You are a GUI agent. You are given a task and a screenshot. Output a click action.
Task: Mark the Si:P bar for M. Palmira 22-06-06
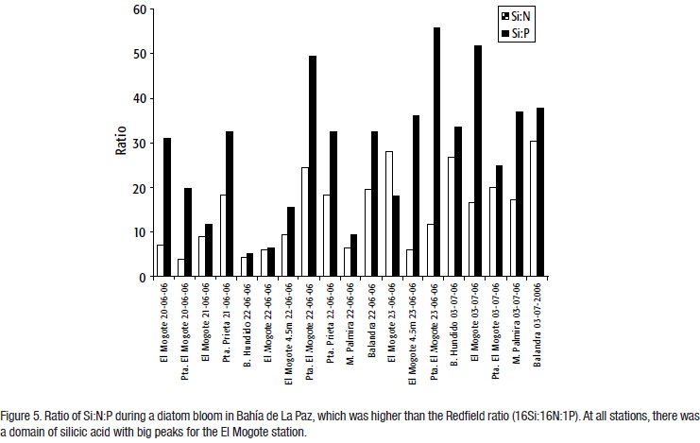354,255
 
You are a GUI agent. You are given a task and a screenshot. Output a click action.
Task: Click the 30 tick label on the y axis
139,144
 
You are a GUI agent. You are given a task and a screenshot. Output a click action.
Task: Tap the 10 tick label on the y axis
139,232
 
